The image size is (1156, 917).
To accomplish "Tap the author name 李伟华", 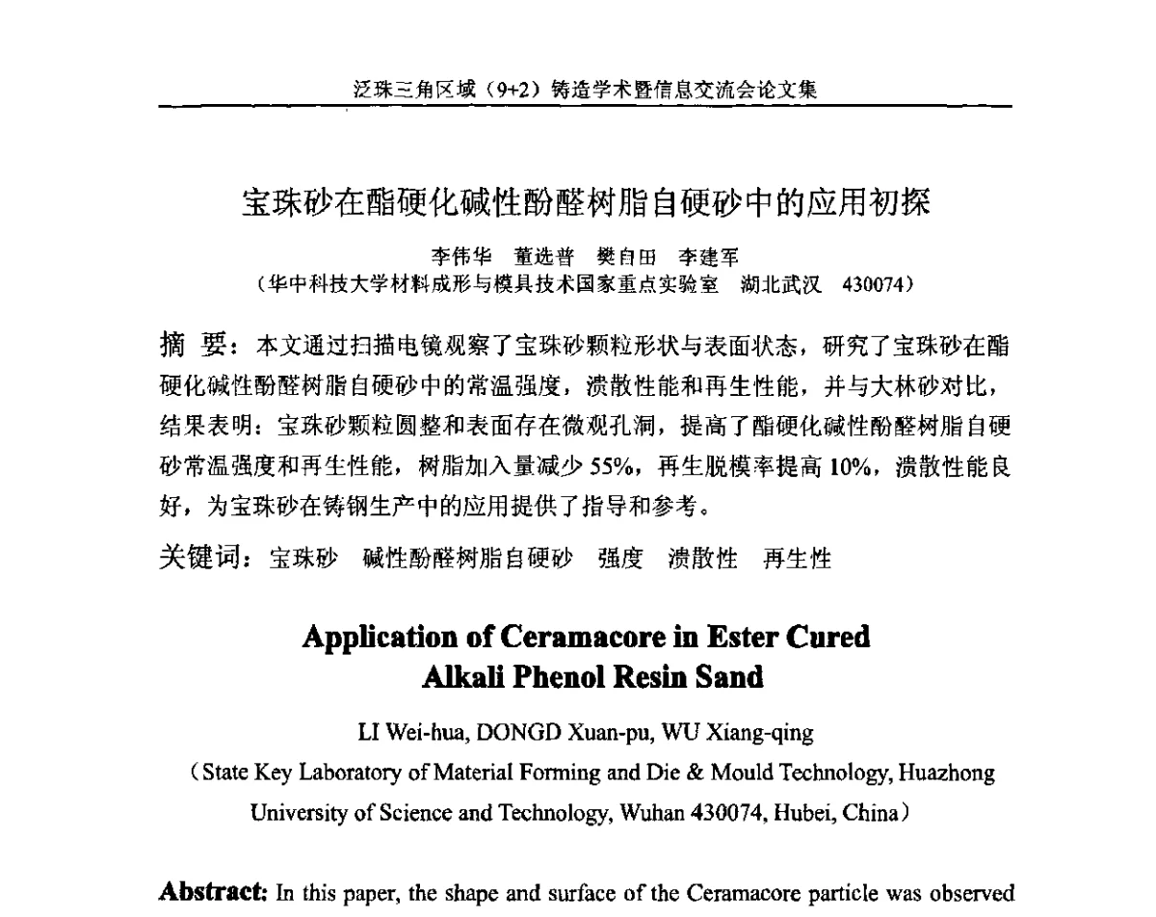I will pyautogui.click(x=460, y=257).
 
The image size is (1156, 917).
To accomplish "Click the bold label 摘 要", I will pyautogui.click(x=192, y=345).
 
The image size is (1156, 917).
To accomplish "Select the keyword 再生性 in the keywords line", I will pyautogui.click(x=797, y=559).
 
